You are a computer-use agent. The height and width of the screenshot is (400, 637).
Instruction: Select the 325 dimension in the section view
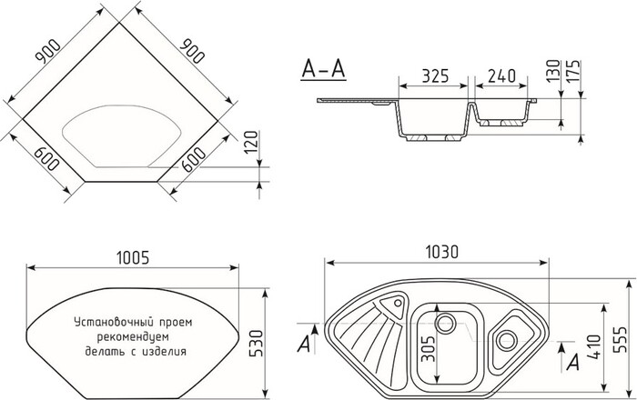[435, 77]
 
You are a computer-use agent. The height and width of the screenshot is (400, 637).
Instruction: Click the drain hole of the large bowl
[446, 322]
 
